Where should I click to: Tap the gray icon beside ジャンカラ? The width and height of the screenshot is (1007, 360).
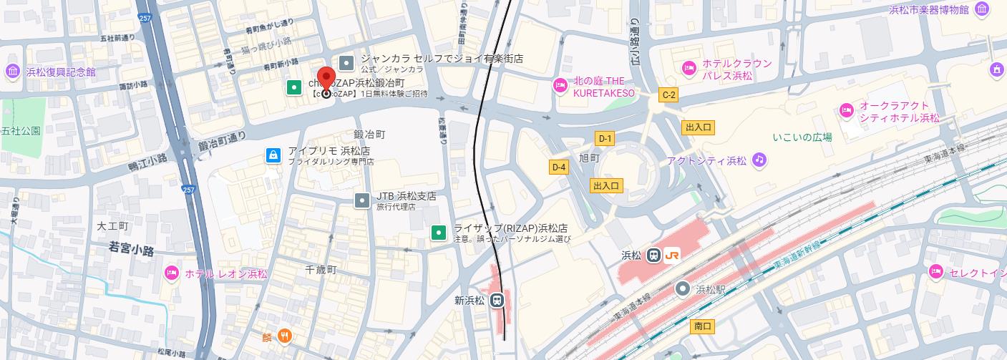(346, 63)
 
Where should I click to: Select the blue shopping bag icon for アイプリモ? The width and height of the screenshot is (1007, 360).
(273, 155)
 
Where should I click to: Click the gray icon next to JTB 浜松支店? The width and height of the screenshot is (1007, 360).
(363, 200)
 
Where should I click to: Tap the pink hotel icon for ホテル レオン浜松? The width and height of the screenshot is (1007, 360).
(171, 273)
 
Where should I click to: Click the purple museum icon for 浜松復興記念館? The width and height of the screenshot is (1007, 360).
(12, 72)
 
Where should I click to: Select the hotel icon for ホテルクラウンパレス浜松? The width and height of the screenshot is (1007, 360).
(689, 68)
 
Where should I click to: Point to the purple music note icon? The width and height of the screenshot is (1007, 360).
(759, 160)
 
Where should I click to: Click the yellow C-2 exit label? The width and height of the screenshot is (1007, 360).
(668, 94)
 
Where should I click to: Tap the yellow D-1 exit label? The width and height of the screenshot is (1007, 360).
(605, 139)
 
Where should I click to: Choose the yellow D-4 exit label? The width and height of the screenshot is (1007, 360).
(559, 167)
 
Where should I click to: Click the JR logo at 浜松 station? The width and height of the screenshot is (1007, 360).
(672, 256)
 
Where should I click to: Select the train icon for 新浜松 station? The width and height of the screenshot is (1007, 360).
(497, 301)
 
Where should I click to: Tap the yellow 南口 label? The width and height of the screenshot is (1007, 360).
(703, 326)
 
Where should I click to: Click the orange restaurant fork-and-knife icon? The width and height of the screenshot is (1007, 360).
(285, 335)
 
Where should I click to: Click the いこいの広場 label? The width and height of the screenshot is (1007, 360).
(802, 136)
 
